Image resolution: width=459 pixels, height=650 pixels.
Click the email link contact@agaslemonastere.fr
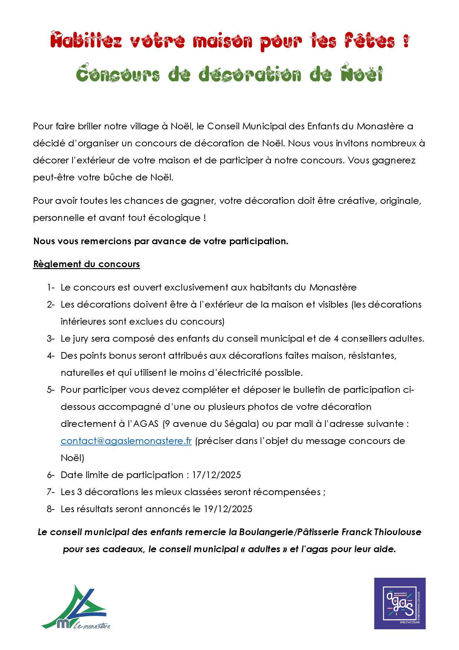tap(126, 441)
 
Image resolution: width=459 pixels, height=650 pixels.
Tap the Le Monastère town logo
tap(76, 608)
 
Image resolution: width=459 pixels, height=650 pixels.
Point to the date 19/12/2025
tap(228, 509)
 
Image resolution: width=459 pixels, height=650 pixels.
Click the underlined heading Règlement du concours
tap(87, 264)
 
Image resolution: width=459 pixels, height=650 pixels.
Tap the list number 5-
tap(51, 390)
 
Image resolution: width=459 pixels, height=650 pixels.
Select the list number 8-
tap(51, 509)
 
